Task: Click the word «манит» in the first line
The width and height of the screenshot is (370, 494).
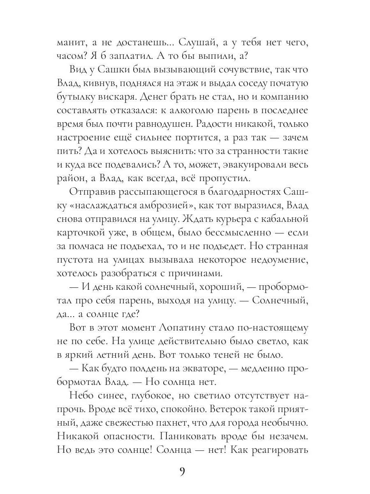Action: [x=71, y=42]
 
